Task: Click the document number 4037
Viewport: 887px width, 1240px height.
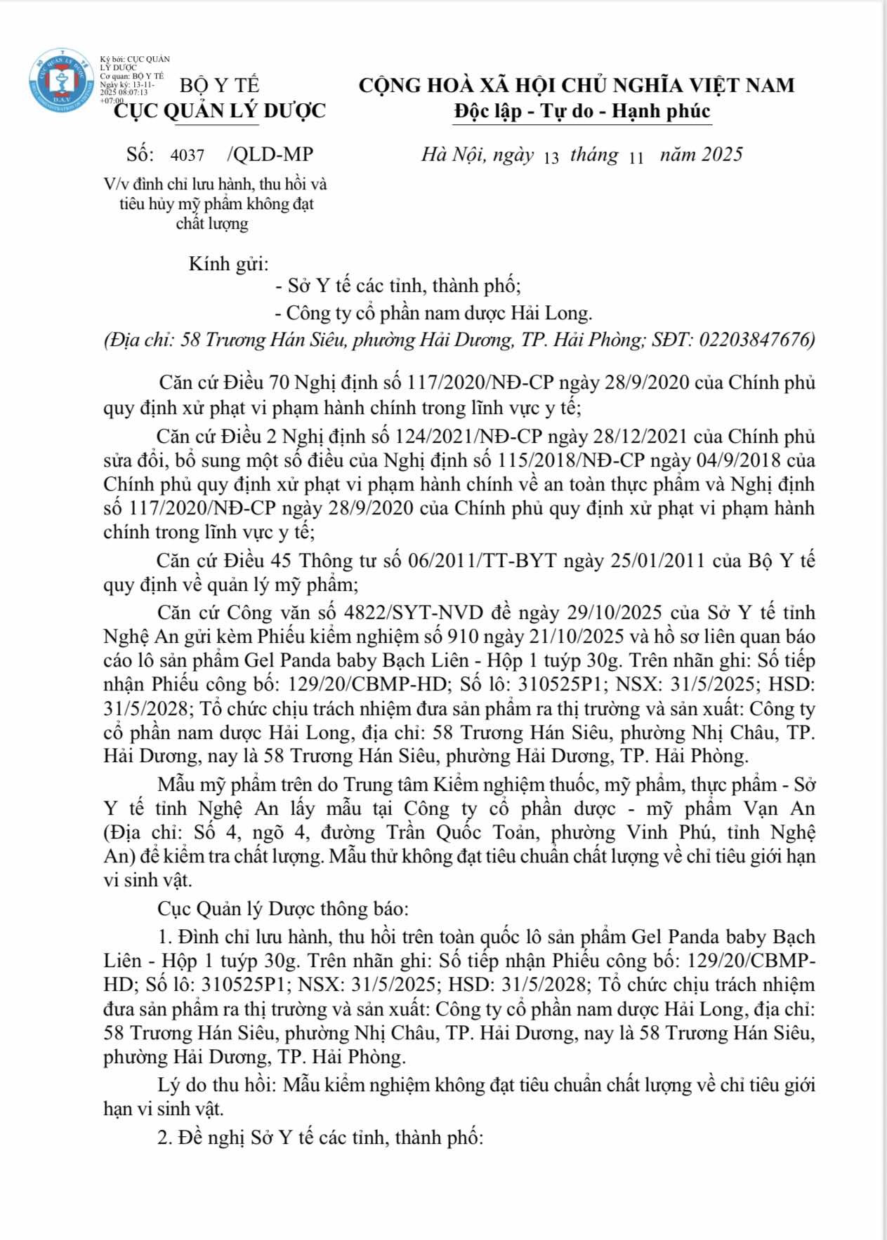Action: click(x=187, y=155)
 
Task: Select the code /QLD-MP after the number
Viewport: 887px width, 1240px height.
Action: click(x=270, y=154)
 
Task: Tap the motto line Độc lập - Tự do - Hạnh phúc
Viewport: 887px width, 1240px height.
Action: click(x=582, y=111)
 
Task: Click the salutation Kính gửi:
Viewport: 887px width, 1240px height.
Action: click(x=229, y=264)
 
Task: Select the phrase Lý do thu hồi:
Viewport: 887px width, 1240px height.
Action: click(x=216, y=1085)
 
